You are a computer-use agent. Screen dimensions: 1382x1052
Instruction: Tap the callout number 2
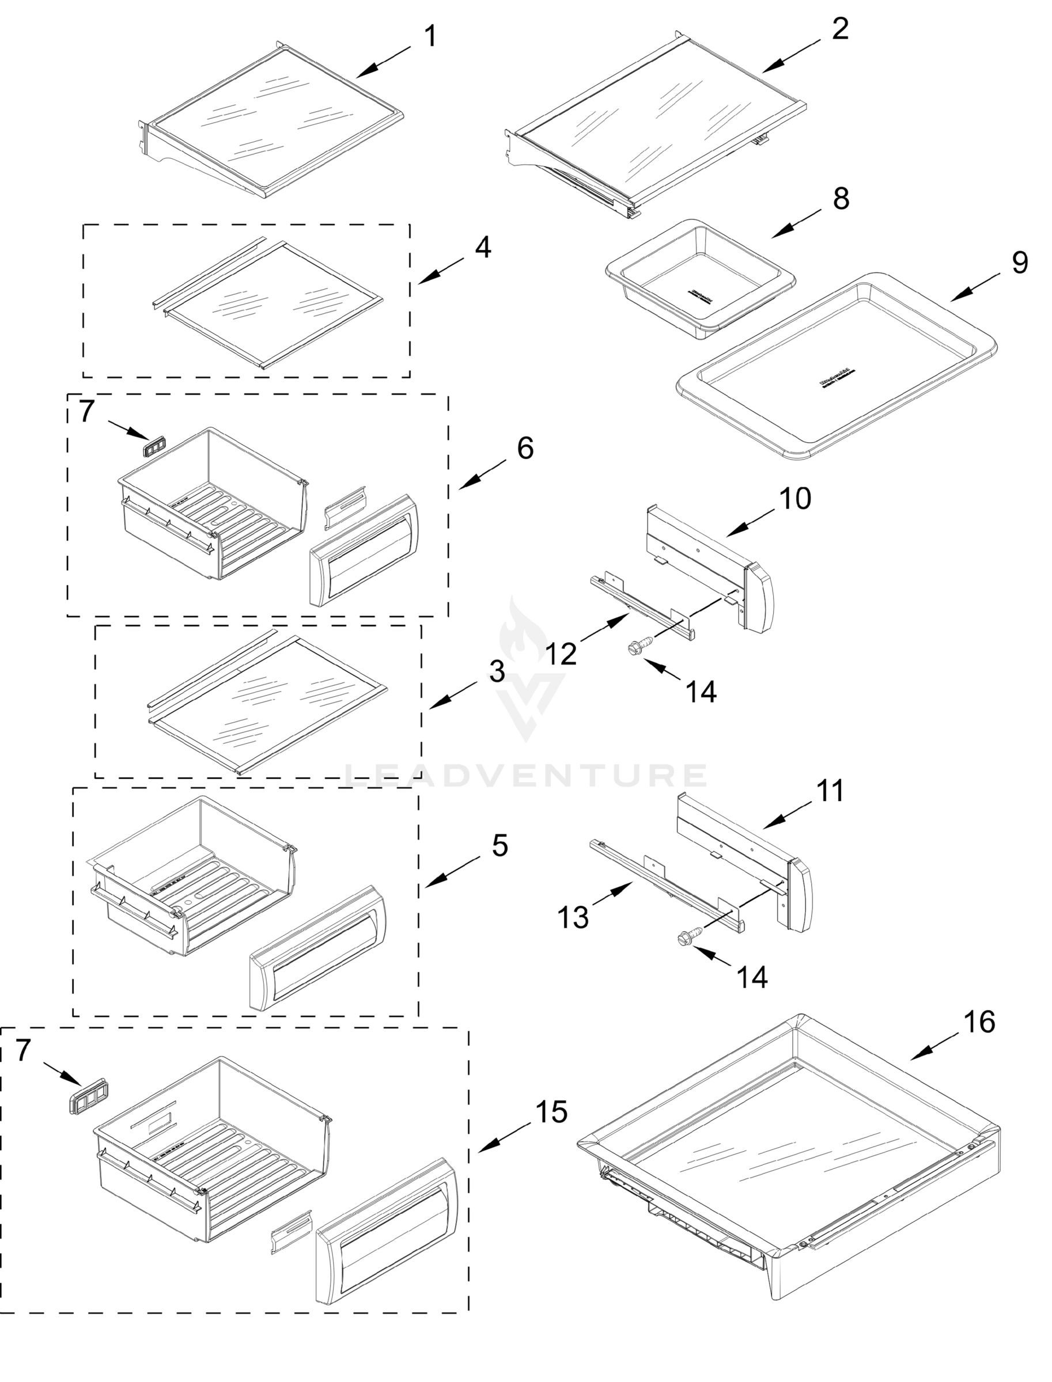(841, 29)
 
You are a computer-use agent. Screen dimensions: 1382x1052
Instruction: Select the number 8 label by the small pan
(841, 199)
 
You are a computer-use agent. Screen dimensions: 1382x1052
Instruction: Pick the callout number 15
(551, 1111)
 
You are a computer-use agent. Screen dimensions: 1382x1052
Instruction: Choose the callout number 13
(574, 917)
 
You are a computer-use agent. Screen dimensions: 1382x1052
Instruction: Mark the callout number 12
(561, 654)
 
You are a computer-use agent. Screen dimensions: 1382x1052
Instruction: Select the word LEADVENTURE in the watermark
(526, 776)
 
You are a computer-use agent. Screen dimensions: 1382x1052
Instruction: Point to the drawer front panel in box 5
(318, 948)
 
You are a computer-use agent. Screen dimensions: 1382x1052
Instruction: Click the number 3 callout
(497, 671)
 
